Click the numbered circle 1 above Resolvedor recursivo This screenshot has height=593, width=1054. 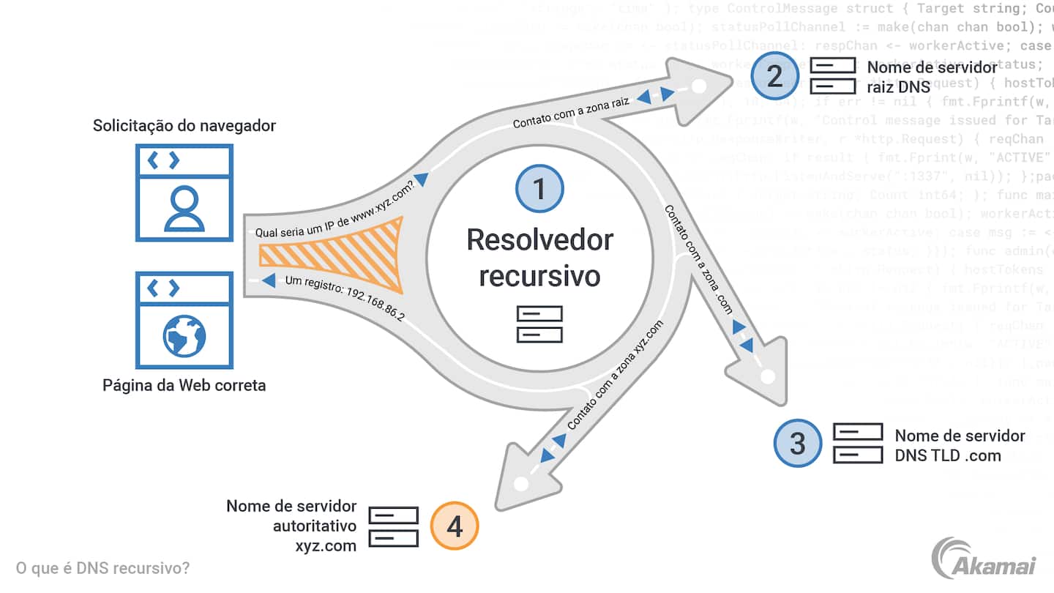click(539, 189)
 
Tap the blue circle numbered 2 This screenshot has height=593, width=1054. click(774, 76)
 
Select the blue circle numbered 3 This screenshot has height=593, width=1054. click(798, 443)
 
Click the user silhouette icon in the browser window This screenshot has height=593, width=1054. click(184, 208)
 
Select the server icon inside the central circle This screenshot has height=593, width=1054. click(539, 324)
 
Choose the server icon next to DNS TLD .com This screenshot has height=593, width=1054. click(858, 444)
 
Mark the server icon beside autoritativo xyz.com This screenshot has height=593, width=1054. click(393, 526)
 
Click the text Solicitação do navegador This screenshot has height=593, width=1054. click(184, 125)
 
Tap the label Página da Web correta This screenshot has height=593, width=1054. click(184, 384)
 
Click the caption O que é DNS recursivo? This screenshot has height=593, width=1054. click(102, 568)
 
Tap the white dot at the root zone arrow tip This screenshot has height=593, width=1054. click(699, 86)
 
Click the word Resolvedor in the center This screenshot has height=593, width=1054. click(539, 239)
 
